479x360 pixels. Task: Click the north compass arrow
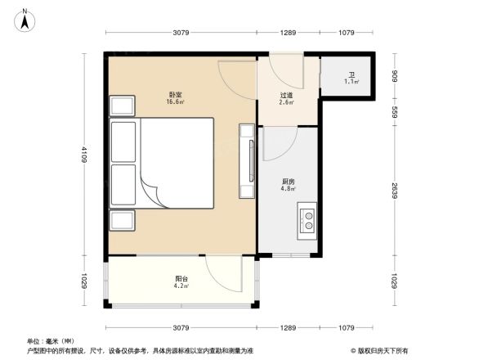point(25,17)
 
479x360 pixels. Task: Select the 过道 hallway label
point(286,95)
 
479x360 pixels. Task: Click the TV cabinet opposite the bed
point(246,160)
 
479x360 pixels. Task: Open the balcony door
point(222,273)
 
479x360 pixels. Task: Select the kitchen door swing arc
point(278,144)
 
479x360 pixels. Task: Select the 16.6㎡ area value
point(176,102)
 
